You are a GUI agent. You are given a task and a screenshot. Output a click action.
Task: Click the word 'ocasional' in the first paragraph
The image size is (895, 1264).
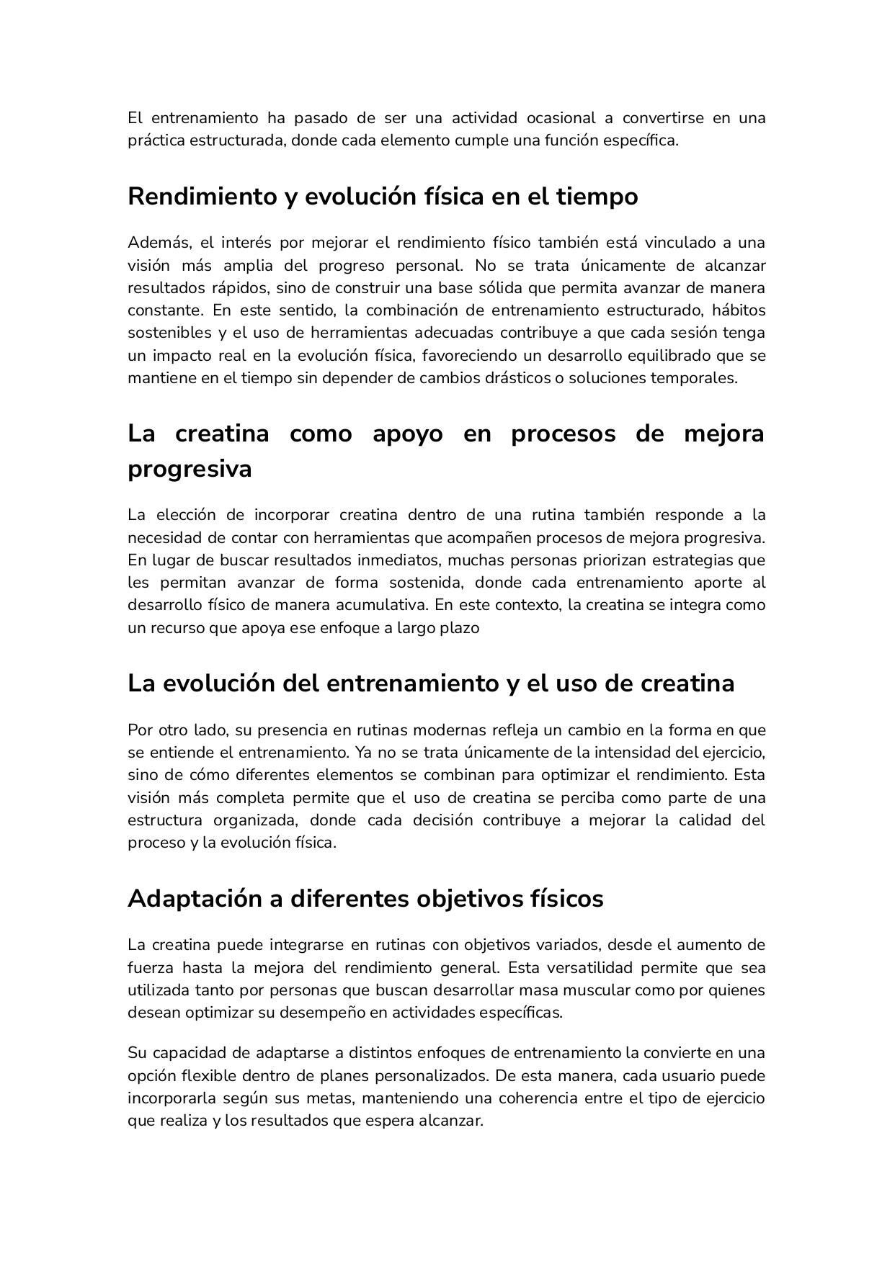(561, 117)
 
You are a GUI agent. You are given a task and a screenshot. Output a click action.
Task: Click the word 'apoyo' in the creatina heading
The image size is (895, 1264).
(407, 434)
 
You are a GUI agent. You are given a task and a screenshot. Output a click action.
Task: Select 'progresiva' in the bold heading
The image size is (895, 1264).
(190, 470)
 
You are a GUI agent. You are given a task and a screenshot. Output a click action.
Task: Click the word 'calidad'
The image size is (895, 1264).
(704, 820)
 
